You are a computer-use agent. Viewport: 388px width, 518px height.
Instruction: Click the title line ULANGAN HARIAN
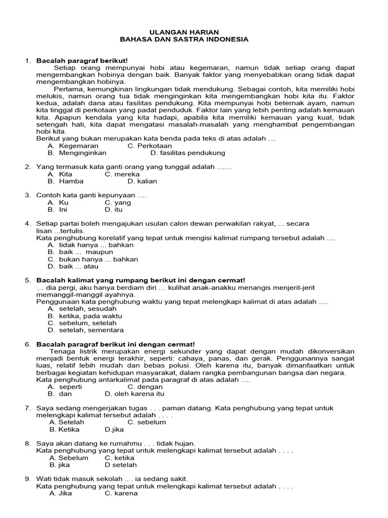point(195,31)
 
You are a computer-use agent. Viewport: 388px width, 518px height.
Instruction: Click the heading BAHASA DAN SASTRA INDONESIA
point(195,39)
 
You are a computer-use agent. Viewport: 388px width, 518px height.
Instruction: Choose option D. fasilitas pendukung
point(188,153)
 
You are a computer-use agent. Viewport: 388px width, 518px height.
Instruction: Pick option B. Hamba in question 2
point(66,181)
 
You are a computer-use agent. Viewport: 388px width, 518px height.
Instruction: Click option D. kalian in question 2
point(142,181)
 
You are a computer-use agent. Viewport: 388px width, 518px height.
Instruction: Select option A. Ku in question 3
point(59,202)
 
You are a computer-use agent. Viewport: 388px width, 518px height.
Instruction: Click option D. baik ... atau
point(73,266)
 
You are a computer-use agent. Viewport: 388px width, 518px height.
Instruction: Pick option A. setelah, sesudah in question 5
point(82,309)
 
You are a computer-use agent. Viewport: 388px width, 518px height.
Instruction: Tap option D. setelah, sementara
point(86,330)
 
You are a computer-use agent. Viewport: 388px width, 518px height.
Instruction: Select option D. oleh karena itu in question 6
point(134,394)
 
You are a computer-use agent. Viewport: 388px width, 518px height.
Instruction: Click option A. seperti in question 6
point(65,386)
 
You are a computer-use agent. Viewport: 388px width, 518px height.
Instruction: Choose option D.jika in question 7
point(114,429)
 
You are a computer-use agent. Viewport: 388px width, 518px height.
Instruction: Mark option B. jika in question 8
point(60,464)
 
